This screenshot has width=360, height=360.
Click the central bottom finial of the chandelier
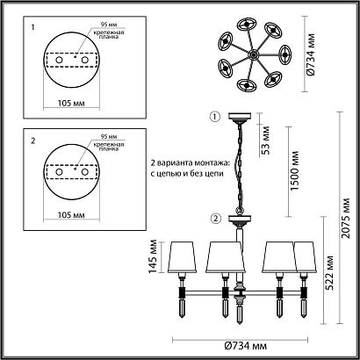pyautogui.click(x=238, y=311)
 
